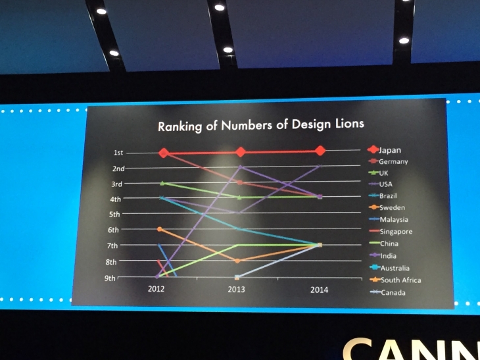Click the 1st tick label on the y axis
click(118, 153)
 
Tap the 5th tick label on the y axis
click(114, 215)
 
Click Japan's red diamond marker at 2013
click(241, 152)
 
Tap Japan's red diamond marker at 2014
click(320, 151)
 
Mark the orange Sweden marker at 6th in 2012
click(160, 228)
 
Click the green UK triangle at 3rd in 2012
click(162, 183)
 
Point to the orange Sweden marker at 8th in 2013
click(238, 261)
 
